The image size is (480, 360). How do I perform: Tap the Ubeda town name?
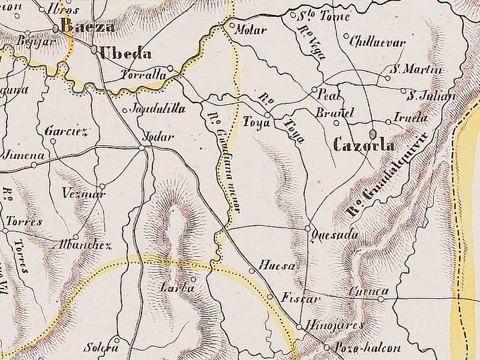click(125, 53)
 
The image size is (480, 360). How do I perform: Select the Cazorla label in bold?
click(364, 145)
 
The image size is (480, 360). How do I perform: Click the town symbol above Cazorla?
click(373, 133)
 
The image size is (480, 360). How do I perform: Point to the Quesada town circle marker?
click(308, 229)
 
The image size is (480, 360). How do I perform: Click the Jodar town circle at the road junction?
click(142, 148)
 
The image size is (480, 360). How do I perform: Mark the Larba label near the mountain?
click(178, 289)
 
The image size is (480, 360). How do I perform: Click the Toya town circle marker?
click(267, 114)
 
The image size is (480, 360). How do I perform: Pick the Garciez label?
click(66, 131)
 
